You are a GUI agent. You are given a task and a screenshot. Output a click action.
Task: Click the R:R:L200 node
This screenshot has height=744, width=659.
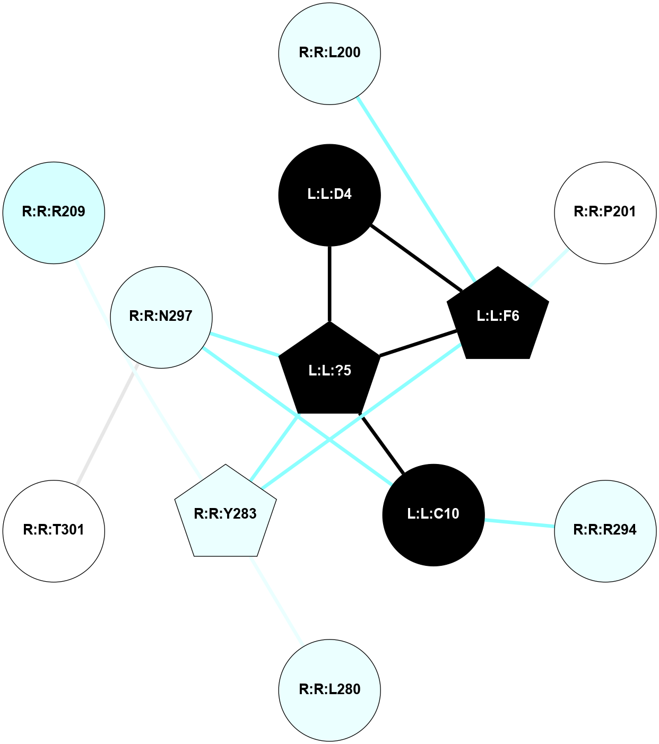tap(329, 53)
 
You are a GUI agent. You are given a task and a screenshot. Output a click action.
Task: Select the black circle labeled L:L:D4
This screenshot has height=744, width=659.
tap(329, 195)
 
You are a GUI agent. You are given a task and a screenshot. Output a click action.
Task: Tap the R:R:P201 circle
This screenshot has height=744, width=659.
tap(605, 213)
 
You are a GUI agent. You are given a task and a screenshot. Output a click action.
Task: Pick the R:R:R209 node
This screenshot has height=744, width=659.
tap(54, 213)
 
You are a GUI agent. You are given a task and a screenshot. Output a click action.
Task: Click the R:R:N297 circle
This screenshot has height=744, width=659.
tap(161, 317)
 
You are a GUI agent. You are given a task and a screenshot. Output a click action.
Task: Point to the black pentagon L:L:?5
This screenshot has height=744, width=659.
tap(329, 371)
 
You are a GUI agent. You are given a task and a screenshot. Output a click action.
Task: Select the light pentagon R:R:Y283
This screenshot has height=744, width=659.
tap(226, 514)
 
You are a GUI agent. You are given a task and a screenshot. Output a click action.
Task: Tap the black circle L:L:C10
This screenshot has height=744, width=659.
tap(433, 514)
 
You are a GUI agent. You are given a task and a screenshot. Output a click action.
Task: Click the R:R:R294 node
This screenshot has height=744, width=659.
tap(605, 531)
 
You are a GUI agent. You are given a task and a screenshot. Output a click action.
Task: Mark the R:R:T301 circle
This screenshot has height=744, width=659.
tap(54, 531)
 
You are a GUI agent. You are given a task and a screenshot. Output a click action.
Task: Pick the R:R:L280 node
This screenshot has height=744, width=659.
tap(329, 689)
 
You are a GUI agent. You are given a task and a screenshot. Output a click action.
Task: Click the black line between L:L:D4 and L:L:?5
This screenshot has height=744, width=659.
tap(329, 284)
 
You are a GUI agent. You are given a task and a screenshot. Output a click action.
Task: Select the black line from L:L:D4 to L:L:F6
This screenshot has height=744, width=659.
tap(417, 258)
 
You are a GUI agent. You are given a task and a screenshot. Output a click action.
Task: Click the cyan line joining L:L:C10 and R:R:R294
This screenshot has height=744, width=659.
tap(519, 523)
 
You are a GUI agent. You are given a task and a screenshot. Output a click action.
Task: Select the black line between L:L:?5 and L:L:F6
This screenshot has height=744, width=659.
tap(419, 343)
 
